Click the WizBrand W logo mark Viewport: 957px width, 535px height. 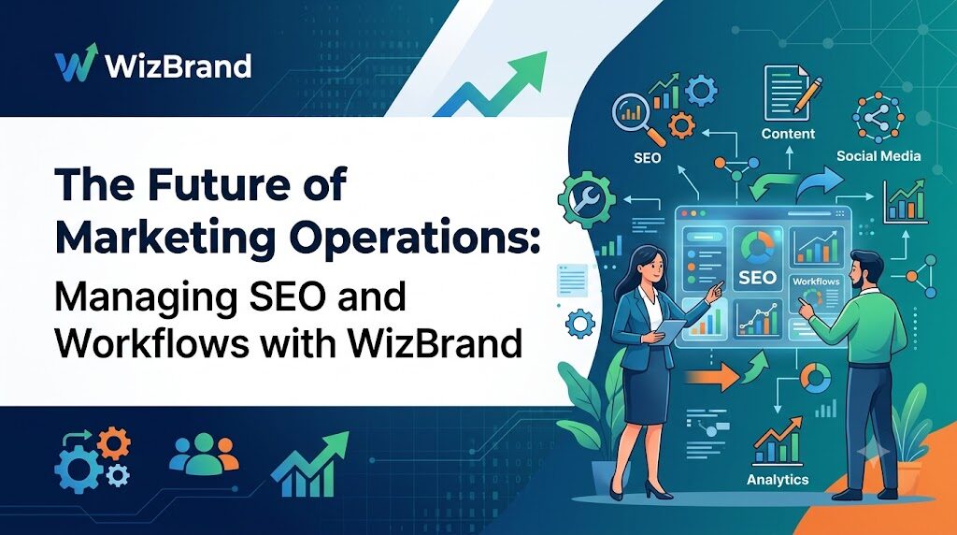point(77,63)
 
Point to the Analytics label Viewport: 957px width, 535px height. point(778,480)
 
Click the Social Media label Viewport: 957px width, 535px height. point(878,156)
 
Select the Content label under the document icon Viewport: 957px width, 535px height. point(788,134)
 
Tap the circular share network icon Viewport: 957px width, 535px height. point(878,117)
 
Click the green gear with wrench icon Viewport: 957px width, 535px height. point(587,200)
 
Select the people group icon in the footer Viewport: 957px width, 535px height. point(204,455)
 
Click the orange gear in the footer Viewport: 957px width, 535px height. point(113,443)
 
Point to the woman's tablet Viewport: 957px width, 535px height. point(671,330)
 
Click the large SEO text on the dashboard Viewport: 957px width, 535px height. point(757,278)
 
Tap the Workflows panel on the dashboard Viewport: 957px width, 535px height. point(815,296)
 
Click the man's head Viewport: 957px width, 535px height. point(865,270)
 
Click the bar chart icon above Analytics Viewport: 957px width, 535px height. point(778,441)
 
